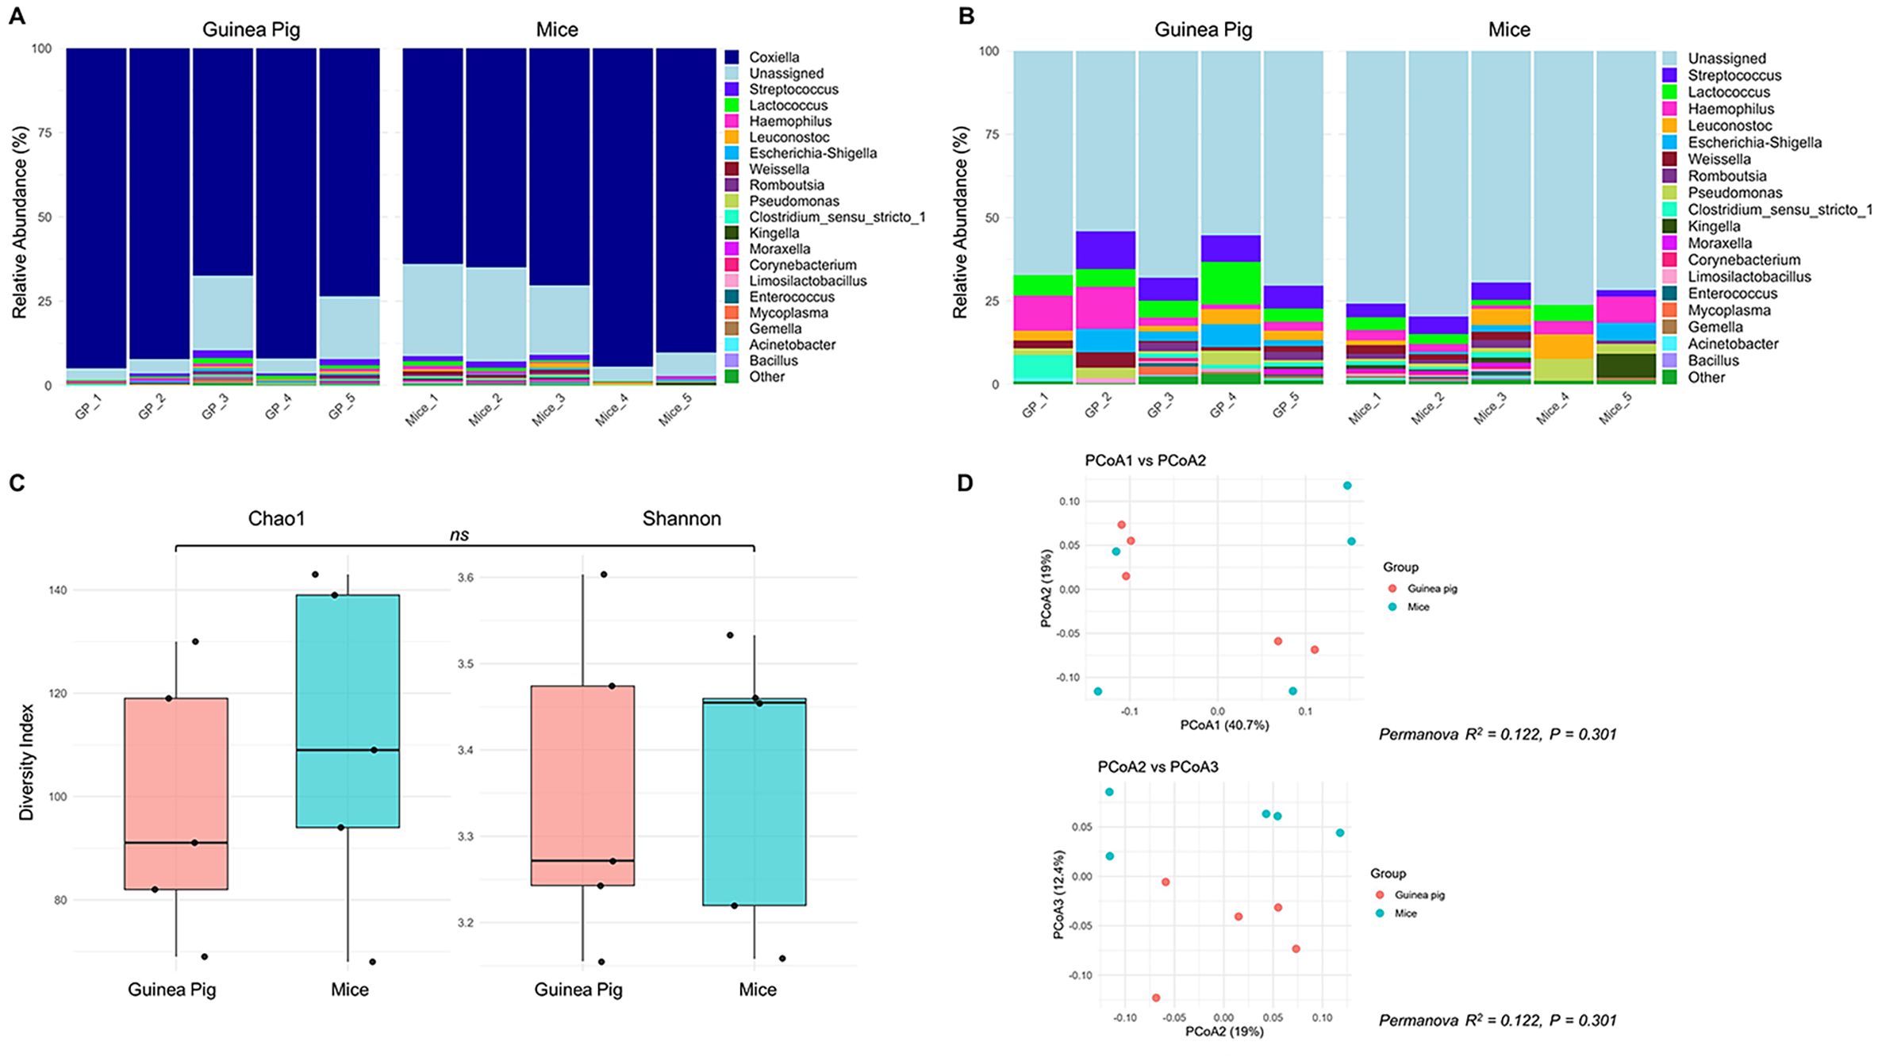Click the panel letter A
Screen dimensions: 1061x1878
click(x=17, y=16)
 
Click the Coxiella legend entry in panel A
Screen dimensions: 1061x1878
click(x=774, y=57)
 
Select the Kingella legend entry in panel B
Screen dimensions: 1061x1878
click(x=1714, y=226)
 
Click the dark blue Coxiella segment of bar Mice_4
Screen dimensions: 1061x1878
click(x=622, y=198)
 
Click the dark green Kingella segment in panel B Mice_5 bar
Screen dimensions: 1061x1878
click(x=1626, y=365)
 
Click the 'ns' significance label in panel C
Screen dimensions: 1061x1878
click(x=459, y=535)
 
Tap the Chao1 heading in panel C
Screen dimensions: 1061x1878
click(x=276, y=519)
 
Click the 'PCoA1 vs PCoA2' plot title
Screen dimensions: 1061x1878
click(x=1145, y=460)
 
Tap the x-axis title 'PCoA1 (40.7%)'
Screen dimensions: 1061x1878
click(x=1223, y=725)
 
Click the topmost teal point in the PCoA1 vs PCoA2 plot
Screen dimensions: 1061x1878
click(x=1346, y=486)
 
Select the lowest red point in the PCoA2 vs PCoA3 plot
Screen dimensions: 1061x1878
click(x=1156, y=998)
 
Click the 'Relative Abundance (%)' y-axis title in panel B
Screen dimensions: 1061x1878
click(x=961, y=222)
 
